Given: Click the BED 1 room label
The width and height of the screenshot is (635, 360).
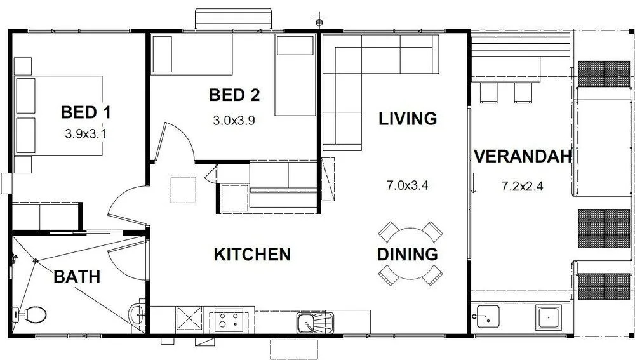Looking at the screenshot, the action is pyautogui.click(x=86, y=112).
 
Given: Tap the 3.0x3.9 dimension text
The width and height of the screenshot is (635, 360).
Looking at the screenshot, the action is pyautogui.click(x=234, y=120).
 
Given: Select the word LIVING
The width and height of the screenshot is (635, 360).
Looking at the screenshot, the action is pyautogui.click(x=408, y=119).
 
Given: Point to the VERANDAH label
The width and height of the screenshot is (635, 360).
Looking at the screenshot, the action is pyautogui.click(x=523, y=156).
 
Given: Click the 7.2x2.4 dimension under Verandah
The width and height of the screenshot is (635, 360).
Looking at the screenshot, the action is pyautogui.click(x=523, y=186).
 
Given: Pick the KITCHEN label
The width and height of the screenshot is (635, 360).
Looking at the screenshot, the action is pyautogui.click(x=252, y=255).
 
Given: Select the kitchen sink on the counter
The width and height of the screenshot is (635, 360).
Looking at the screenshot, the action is pyautogui.click(x=315, y=323).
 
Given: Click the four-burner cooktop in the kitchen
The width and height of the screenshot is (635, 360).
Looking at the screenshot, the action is pyautogui.click(x=229, y=320).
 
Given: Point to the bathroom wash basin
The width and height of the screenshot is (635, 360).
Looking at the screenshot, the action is pyautogui.click(x=137, y=313).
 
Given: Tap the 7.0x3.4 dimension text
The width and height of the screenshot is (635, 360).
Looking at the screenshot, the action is pyautogui.click(x=408, y=185).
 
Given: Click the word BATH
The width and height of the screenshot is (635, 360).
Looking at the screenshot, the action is pyautogui.click(x=77, y=277).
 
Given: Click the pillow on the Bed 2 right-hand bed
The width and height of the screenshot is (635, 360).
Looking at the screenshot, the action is pyautogui.click(x=295, y=45).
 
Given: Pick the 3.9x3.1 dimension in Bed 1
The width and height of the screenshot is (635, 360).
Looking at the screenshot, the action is pyautogui.click(x=86, y=134).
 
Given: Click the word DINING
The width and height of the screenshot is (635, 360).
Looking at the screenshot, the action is pyautogui.click(x=408, y=255).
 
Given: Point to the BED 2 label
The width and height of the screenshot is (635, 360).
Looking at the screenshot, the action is pyautogui.click(x=234, y=95).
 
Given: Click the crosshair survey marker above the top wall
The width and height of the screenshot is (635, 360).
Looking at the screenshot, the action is pyautogui.click(x=319, y=22).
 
